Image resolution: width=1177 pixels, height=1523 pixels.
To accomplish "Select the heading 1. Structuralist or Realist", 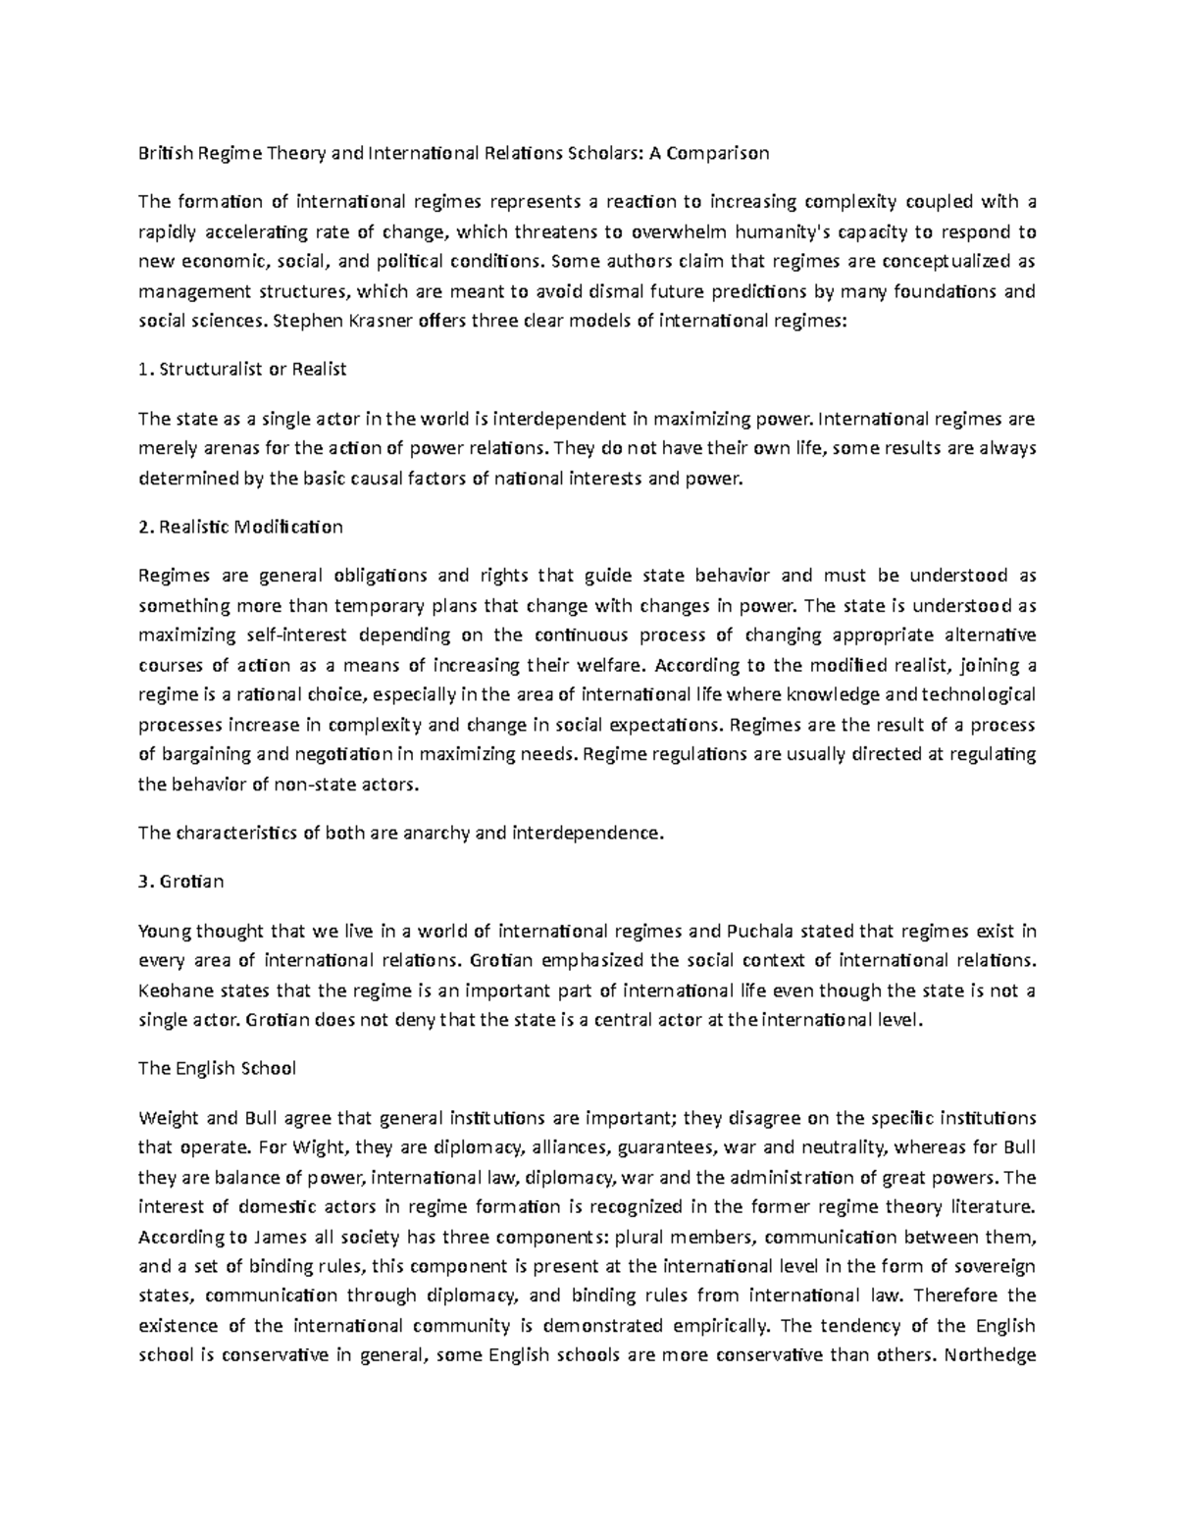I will click(x=242, y=370).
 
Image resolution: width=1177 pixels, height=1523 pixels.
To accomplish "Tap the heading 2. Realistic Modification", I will click(x=240, y=527).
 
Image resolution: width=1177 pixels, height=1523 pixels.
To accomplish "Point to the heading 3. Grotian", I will click(x=181, y=881).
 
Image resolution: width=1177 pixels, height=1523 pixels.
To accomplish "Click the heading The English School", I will click(x=217, y=1069).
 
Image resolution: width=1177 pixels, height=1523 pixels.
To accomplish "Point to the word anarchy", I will click(x=432, y=834).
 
